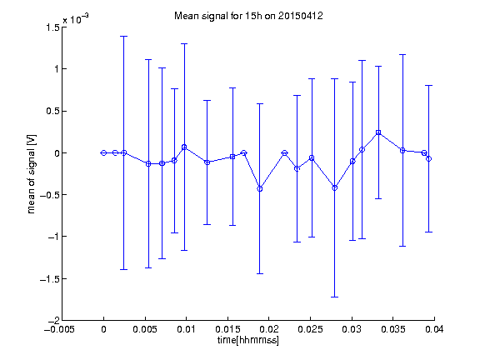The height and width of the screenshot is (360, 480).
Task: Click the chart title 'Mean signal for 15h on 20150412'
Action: click(x=248, y=16)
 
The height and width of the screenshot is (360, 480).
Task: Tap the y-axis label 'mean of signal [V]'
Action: click(x=31, y=174)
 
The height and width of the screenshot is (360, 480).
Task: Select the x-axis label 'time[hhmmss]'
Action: click(x=248, y=340)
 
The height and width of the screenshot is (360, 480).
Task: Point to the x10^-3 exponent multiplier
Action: click(x=76, y=19)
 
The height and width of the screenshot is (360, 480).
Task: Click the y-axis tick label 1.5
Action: click(x=52, y=27)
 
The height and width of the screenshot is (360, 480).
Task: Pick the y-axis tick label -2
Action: click(x=54, y=320)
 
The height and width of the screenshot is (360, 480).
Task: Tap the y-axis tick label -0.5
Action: click(x=50, y=195)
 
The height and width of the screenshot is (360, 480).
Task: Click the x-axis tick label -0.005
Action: click(x=59, y=329)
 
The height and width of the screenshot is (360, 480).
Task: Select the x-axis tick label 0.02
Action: click(x=269, y=329)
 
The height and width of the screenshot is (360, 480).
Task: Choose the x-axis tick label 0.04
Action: click(x=434, y=329)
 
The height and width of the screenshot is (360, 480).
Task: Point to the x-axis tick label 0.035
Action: click(x=393, y=329)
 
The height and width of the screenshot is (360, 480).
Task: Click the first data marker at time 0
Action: click(x=104, y=152)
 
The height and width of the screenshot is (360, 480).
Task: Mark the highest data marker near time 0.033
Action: click(x=378, y=132)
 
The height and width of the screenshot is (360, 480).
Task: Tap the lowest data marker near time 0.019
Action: click(x=260, y=189)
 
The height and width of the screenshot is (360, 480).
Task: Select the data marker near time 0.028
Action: click(x=335, y=187)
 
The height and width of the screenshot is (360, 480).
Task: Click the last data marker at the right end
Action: click(x=429, y=158)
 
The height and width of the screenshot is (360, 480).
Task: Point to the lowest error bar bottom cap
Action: click(x=335, y=297)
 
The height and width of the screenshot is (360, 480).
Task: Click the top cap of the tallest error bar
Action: click(x=123, y=36)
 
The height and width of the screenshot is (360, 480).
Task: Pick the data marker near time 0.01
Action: click(x=184, y=147)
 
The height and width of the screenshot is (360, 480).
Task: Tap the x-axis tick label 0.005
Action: click(x=145, y=329)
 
